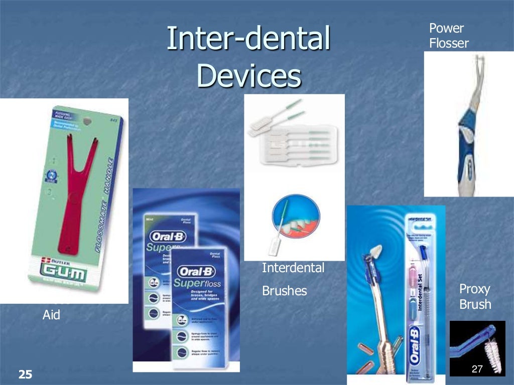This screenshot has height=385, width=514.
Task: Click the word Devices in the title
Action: coord(249,76)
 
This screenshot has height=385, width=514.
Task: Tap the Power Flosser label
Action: coord(448,36)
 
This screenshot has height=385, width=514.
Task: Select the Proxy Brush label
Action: coord(475,296)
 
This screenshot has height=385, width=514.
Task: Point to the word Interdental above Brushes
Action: coord(293,268)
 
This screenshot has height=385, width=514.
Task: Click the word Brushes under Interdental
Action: coord(284,291)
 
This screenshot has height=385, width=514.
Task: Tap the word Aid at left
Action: coord(51,315)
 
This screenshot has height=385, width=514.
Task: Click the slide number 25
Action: coord(25,373)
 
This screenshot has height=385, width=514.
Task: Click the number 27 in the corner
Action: coord(477,369)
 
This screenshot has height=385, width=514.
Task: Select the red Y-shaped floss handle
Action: coord(74,190)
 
